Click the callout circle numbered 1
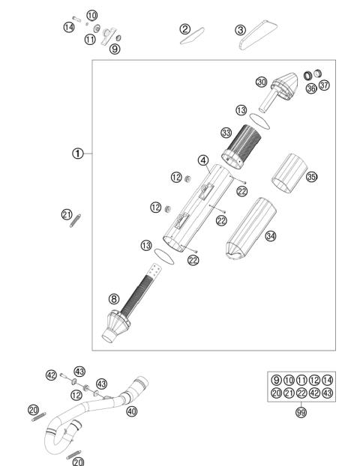pos(77,154)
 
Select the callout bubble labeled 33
pos(225,133)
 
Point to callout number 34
pos(202,160)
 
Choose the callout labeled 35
pos(311,177)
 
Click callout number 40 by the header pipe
pos(132,411)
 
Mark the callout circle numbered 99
pos(301,413)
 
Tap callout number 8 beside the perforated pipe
pos(114,299)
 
